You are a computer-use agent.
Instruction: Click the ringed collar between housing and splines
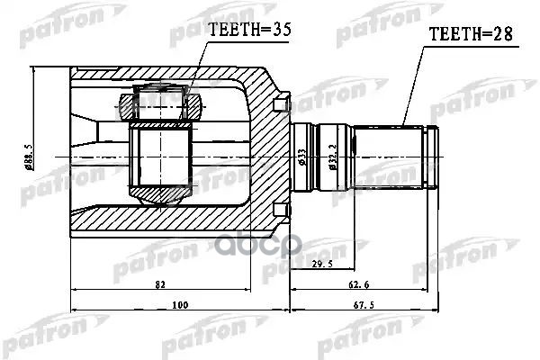(x=306, y=157)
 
